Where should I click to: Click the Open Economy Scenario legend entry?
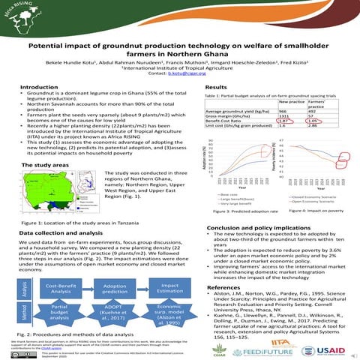click(310, 200)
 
